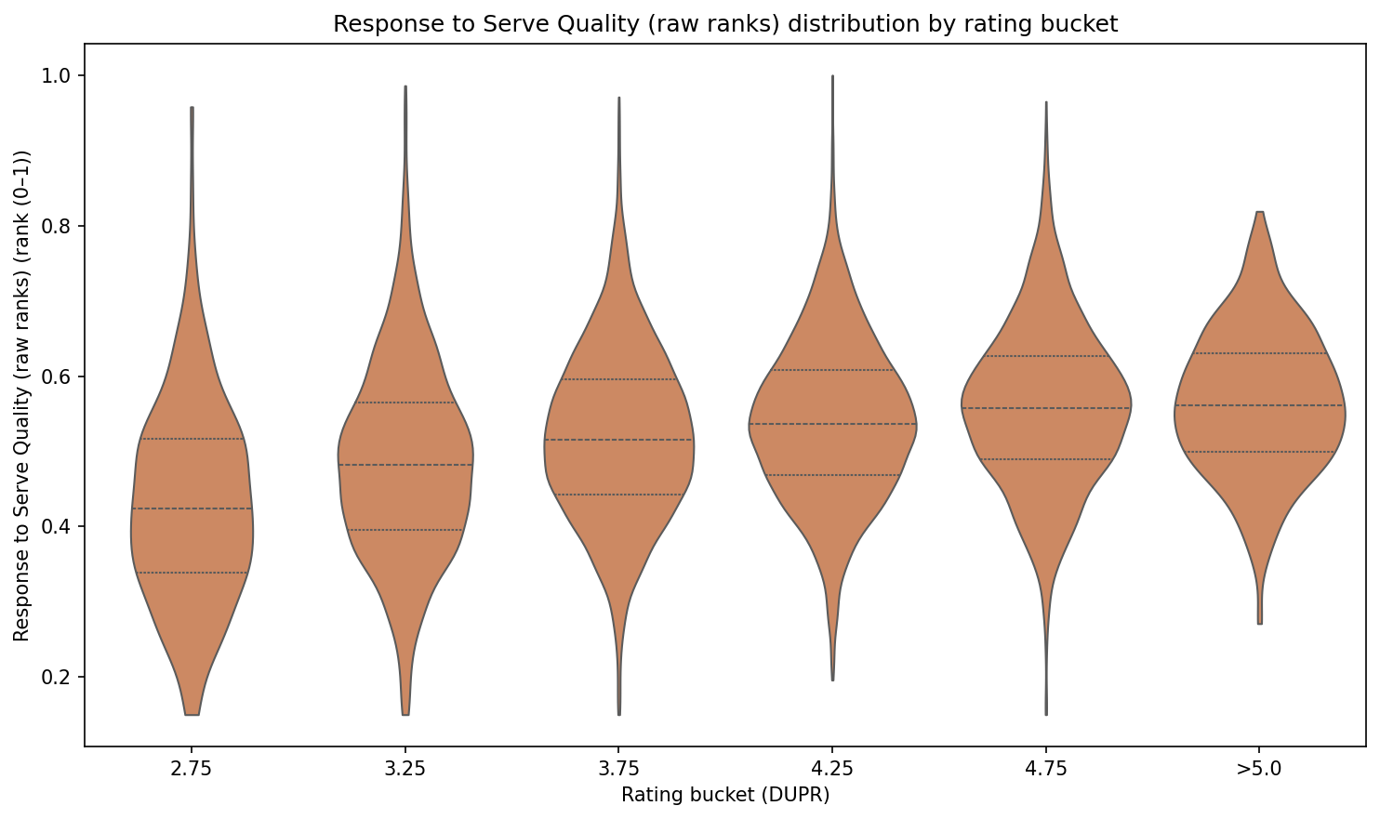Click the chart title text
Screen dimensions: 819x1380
point(725,25)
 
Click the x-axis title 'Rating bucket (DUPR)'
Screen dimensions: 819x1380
point(725,796)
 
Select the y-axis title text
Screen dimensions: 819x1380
point(22,395)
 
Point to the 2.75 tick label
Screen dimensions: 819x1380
point(192,770)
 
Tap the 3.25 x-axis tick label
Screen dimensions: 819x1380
point(405,770)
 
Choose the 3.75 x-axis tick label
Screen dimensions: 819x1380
point(619,770)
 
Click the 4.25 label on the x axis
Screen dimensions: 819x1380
point(832,770)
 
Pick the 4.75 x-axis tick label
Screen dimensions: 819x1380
point(1046,770)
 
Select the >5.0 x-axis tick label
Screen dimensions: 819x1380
point(1259,770)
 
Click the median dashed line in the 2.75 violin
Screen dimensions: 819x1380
point(192,509)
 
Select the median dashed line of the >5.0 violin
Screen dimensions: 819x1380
point(1259,405)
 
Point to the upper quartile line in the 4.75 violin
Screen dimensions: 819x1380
point(1046,356)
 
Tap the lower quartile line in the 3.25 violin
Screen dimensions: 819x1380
point(405,530)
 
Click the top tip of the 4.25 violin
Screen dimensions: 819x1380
point(832,77)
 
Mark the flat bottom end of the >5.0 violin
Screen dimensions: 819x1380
point(1259,623)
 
